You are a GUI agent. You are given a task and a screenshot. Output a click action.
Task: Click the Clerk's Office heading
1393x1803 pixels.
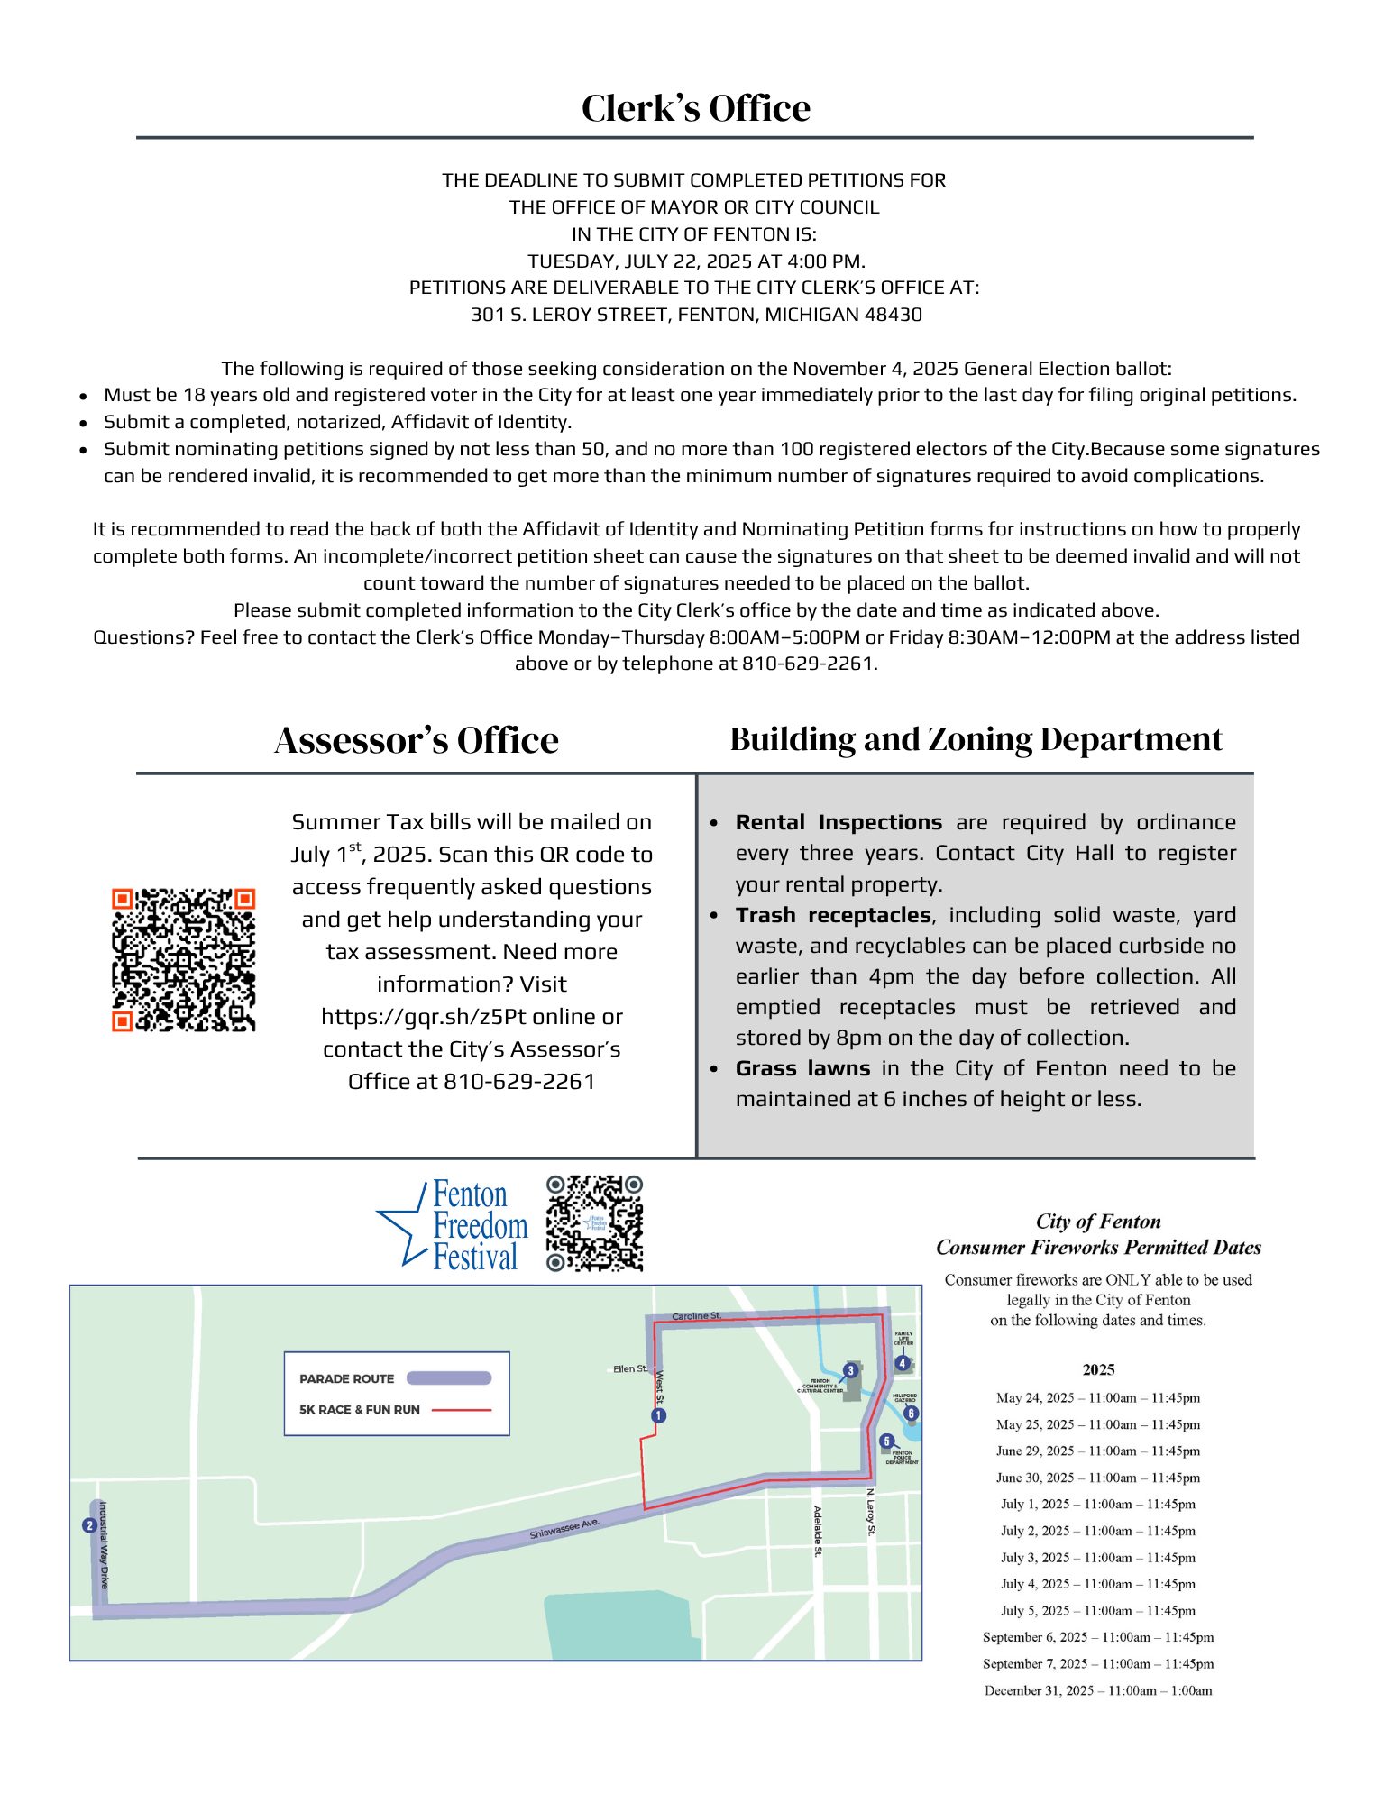pos(695,108)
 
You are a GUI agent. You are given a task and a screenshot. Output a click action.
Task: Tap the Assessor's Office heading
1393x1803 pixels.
pos(416,740)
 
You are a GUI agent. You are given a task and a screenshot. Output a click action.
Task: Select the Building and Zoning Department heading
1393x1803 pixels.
pos(976,739)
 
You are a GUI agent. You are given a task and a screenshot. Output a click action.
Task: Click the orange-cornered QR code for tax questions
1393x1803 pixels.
pos(184,959)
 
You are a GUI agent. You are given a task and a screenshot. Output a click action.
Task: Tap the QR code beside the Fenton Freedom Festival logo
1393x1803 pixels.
pos(594,1223)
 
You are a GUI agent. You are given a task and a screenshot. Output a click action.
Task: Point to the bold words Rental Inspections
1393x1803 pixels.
pos(838,822)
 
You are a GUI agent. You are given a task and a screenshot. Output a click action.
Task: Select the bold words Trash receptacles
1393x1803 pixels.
pos(832,915)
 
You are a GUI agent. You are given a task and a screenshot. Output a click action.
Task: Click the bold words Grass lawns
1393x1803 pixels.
pos(802,1068)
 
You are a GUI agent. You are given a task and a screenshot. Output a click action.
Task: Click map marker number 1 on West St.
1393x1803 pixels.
pos(659,1415)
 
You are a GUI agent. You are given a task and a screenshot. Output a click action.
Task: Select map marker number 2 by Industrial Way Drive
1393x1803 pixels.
pos(89,1525)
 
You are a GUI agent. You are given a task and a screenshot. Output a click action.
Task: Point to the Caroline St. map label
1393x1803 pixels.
pos(696,1316)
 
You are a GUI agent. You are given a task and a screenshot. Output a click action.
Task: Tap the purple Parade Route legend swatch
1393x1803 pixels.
pos(448,1378)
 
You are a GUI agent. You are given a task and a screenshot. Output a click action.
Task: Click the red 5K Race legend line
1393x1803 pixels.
pos(461,1409)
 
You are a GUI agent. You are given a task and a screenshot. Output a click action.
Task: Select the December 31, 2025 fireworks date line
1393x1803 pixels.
pos(1097,1690)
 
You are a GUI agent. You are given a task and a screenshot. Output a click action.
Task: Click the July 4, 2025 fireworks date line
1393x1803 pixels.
pos(1097,1584)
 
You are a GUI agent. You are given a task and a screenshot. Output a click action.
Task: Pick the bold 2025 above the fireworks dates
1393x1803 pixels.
pos(1098,1370)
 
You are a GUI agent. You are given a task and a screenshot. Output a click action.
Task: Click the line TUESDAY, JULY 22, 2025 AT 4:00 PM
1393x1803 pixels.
pos(695,261)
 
